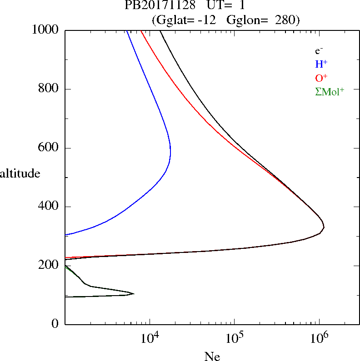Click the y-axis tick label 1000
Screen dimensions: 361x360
point(45,30)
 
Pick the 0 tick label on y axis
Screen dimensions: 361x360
point(55,324)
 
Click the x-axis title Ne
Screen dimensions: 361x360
point(212,356)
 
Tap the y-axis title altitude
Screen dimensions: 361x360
point(20,173)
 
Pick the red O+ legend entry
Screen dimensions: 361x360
point(321,78)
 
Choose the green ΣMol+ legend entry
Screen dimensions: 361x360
point(330,91)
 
